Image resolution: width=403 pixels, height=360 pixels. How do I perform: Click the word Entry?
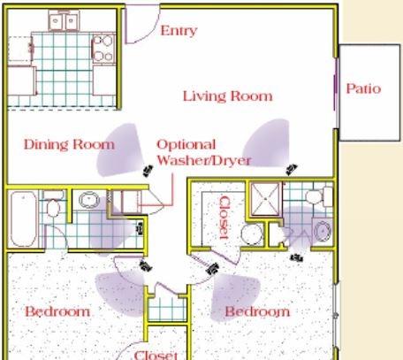tap(179, 31)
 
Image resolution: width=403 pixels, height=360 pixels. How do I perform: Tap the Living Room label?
tap(228, 96)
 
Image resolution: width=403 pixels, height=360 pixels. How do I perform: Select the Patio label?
tap(363, 88)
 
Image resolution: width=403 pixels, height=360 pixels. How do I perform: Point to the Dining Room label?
tap(69, 144)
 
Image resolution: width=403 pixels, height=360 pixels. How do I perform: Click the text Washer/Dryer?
tap(204, 160)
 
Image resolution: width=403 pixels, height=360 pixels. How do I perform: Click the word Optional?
tap(186, 145)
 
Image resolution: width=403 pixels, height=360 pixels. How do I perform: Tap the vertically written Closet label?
tap(224, 218)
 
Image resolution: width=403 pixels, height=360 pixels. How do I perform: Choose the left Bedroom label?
tap(57, 311)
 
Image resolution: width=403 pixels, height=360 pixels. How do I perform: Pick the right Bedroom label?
tap(257, 311)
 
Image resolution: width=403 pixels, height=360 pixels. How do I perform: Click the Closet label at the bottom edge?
tap(156, 355)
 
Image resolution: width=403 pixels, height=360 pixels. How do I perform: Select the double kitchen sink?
tap(64, 20)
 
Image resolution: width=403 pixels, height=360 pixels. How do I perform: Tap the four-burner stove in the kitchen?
tap(103, 48)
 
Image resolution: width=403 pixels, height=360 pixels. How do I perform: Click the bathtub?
tap(23, 219)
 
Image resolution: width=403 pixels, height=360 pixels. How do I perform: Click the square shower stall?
tap(265, 199)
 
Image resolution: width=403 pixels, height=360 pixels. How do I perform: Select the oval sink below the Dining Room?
tap(89, 200)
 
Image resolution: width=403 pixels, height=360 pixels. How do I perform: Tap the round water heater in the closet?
tap(252, 234)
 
